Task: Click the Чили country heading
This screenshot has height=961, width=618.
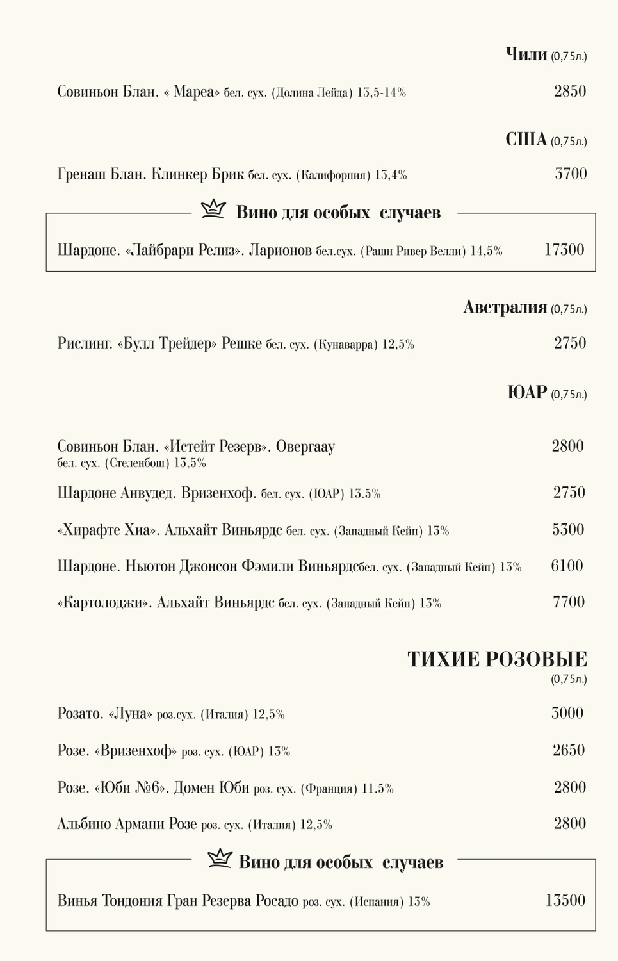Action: pos(526,54)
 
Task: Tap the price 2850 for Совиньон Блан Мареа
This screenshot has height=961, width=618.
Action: pos(570,91)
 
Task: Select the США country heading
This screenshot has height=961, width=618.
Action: pos(526,139)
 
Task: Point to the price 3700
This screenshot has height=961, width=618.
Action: pos(571,174)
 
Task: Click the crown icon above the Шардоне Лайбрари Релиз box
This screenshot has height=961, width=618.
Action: pos(213,209)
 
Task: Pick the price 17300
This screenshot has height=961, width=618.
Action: pos(564,250)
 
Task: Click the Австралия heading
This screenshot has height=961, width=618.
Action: pos(505,308)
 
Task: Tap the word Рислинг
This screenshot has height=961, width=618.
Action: pos(85,344)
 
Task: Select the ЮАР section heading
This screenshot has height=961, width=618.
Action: pos(527,392)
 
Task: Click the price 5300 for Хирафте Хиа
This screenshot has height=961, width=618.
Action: pos(568,530)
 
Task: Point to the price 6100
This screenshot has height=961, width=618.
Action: pos(567,566)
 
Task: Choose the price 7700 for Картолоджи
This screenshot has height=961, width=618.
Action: pos(568,602)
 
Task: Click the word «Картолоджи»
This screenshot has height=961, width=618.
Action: pos(105,603)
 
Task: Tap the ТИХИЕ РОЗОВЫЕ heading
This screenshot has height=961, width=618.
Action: pos(497,659)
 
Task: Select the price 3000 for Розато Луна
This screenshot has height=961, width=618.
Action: pos(567,713)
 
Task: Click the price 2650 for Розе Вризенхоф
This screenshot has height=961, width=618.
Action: pos(569,750)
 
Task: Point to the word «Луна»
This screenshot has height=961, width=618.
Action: pos(131,714)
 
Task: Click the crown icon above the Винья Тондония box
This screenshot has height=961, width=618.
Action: pos(220,858)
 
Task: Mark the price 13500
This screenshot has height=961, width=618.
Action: pos(565,900)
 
